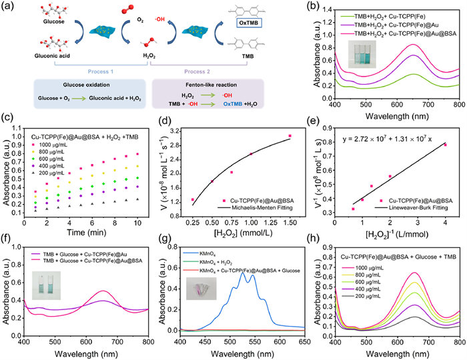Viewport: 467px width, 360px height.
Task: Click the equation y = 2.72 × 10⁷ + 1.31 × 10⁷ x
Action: pyautogui.click(x=402, y=140)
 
